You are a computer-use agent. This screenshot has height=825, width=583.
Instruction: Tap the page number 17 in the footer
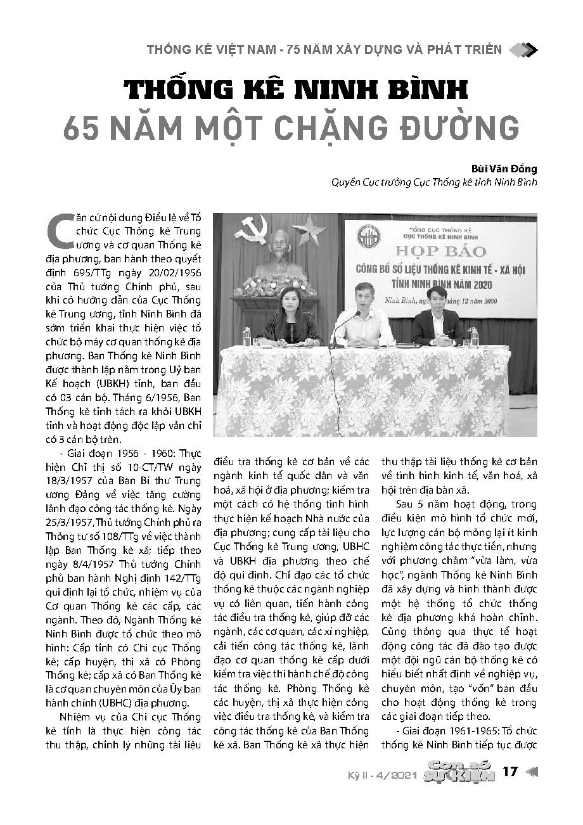point(510,772)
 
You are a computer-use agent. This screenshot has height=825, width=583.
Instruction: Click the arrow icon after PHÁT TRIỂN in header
point(523,49)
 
